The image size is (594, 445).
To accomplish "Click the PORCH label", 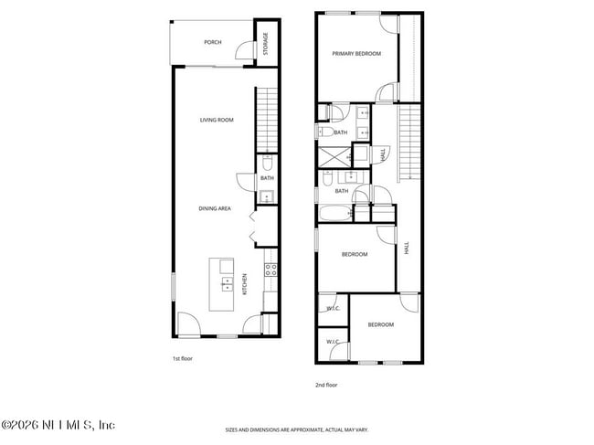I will [213, 42].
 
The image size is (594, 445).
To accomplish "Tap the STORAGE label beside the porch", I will [266, 43].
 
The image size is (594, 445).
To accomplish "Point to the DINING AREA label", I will [215, 208].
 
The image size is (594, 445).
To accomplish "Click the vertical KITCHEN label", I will [245, 286].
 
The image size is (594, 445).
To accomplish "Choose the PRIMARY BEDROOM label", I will [356, 54].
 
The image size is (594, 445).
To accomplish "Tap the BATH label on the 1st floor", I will [267, 178].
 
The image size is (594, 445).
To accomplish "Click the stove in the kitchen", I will [270, 270].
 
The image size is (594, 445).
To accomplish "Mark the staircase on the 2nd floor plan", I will [408, 142].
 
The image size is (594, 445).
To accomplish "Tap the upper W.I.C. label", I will [333, 309].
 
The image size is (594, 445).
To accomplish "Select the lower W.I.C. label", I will [333, 342].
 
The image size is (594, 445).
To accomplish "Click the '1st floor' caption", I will [183, 359].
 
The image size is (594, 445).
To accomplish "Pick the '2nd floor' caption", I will [326, 385].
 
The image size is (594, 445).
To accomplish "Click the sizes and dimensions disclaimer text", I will [297, 429].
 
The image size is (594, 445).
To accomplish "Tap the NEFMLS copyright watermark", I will [58, 426].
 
